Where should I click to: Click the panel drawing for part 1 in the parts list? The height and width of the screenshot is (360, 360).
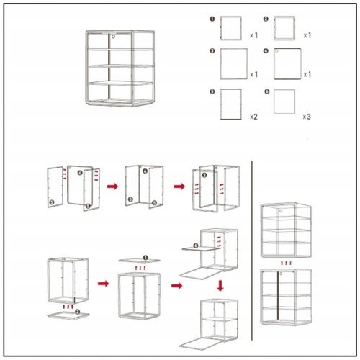231,28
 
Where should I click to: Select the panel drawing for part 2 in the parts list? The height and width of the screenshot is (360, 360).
284,28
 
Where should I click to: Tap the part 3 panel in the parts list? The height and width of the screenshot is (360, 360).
234,63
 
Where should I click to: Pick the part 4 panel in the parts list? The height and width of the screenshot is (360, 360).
287,63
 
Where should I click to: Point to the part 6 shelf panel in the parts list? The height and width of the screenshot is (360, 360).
284,102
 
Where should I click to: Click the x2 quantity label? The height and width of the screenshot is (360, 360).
253,117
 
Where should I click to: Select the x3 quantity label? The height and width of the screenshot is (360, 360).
307,117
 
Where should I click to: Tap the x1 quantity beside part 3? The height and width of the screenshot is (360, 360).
253,75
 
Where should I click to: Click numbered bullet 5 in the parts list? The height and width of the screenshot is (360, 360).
212,91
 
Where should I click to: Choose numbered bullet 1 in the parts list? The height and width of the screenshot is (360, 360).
212,19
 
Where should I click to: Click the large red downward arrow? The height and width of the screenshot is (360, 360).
220,286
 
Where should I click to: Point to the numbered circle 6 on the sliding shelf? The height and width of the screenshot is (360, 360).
196,246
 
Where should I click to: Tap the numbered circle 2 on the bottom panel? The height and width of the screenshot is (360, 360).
78,312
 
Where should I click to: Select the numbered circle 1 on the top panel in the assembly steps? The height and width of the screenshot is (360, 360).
145,258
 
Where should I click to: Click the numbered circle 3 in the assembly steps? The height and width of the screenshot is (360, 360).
204,175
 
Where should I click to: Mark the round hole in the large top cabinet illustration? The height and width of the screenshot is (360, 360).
113,37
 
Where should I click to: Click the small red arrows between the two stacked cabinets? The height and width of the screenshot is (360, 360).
286,264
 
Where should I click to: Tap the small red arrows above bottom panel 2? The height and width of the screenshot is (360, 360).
68,307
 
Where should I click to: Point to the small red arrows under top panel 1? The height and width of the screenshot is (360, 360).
140,268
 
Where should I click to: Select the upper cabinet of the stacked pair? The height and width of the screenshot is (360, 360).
286,230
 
